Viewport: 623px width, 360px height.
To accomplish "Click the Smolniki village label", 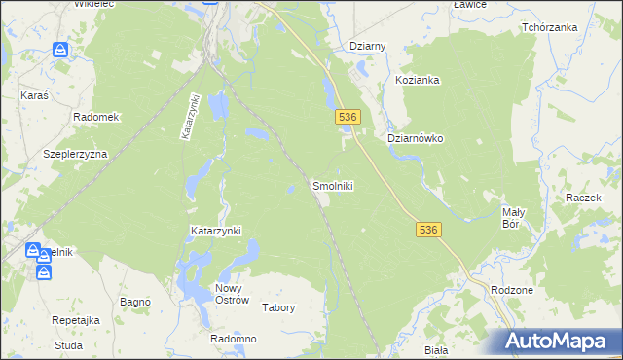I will pyautogui.click(x=332, y=185).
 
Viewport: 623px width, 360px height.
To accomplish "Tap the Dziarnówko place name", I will pyautogui.click(x=416, y=138).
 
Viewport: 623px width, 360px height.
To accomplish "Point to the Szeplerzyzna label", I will pyautogui.click(x=75, y=154).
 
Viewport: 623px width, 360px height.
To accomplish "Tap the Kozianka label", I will pyautogui.click(x=418, y=80).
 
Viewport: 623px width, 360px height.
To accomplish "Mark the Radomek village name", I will pyautogui.click(x=95, y=117).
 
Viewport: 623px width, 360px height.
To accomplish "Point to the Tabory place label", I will pyautogui.click(x=279, y=307).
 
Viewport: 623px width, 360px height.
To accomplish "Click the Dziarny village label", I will pyautogui.click(x=368, y=46).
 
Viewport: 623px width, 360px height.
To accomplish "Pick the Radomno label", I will pyautogui.click(x=234, y=339).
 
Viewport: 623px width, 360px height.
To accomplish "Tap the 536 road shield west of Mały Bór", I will pyautogui.click(x=428, y=230).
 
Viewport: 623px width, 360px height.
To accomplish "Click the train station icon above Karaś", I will pyautogui.click(x=60, y=49).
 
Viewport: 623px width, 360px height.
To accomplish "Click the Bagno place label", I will pyautogui.click(x=134, y=303).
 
